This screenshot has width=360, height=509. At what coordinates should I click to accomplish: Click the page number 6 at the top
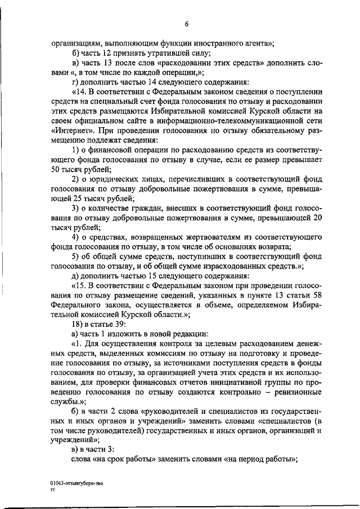point(186,23)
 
